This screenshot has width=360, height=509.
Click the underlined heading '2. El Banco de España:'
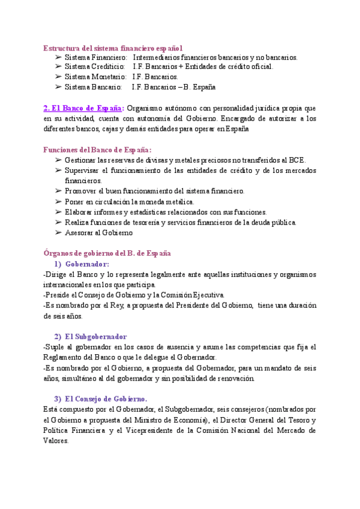pos(83,108)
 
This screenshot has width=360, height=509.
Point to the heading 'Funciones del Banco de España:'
pos(97,149)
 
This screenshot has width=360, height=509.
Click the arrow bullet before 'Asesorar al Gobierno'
pos(58,232)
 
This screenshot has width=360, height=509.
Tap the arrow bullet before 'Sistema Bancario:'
pos(58,87)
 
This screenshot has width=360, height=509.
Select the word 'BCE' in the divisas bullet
pos(297,160)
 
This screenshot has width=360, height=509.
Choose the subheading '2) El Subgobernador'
pos(91,337)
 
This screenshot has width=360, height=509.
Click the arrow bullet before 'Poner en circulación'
pos(58,201)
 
